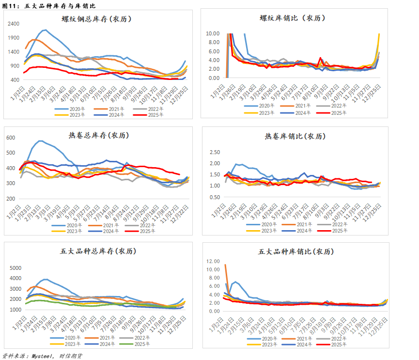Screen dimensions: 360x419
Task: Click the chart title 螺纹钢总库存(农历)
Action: point(96,19)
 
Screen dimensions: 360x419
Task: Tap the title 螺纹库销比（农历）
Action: point(292,18)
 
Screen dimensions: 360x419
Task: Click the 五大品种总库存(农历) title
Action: point(98,251)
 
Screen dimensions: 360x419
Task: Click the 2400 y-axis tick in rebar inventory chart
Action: point(14,24)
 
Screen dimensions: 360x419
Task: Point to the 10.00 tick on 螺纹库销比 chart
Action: point(213,33)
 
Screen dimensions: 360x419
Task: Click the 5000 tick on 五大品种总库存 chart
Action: point(16,267)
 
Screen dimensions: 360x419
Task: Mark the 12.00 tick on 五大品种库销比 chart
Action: point(213,261)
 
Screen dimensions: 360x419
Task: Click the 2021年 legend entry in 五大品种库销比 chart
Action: point(304,338)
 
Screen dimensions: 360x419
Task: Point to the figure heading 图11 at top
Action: point(11,6)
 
